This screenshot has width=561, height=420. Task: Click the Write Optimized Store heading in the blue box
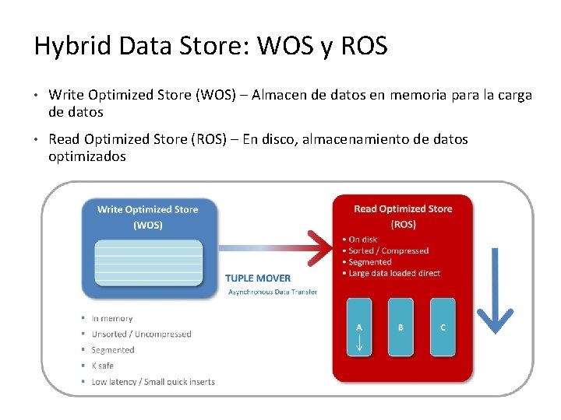pos(147,209)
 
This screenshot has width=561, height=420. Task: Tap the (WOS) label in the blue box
pos(148,225)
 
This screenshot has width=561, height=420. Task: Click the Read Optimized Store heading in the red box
pos(403,208)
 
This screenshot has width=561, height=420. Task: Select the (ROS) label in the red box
pos(403,224)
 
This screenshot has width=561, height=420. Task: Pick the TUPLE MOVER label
pos(258,278)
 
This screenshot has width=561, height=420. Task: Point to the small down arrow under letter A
pos(359,343)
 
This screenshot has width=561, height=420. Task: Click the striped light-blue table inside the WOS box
pos(148,261)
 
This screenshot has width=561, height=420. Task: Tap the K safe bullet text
pos(102,366)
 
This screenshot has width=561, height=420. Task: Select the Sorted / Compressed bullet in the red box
pos(388,250)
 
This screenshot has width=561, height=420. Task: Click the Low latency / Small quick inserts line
pos(153,381)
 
